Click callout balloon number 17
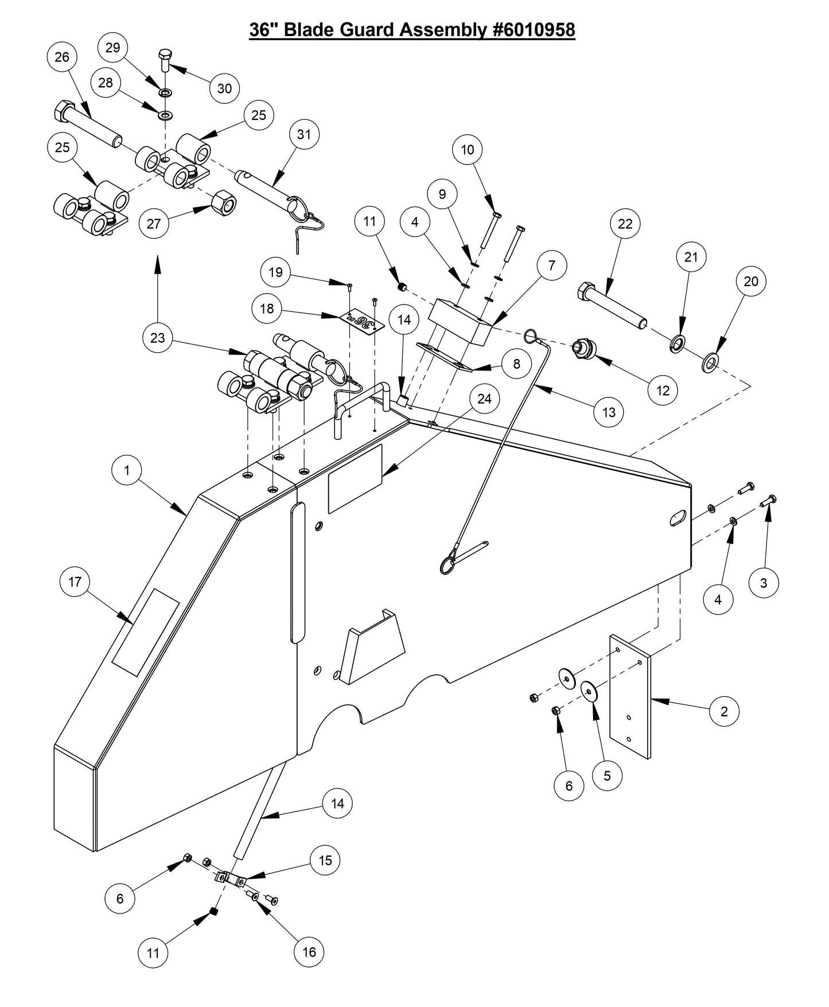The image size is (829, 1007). coord(75,581)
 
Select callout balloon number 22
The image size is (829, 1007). coord(625,224)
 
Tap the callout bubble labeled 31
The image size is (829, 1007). coord(303,134)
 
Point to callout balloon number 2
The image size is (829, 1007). coord(723,711)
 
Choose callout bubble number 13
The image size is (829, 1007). coord(608,412)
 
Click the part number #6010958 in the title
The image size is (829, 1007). coord(534,30)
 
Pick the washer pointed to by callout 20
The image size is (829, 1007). coord(711,362)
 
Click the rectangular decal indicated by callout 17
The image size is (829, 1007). coord(145,631)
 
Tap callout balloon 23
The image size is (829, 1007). coord(157,338)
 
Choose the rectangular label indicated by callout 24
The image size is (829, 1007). coord(355,479)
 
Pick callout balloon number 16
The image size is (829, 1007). coord(309,952)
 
